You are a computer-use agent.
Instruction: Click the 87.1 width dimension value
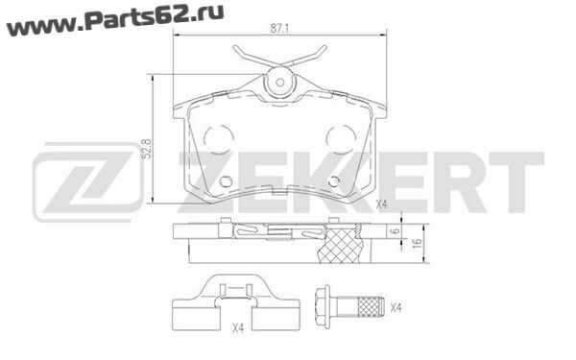click(279, 29)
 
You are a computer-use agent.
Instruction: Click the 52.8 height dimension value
click(147, 149)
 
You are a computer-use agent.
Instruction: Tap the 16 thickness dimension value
click(417, 243)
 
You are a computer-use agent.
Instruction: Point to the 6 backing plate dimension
click(396, 231)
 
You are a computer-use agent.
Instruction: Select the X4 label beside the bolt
click(396, 308)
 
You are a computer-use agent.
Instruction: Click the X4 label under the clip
click(238, 327)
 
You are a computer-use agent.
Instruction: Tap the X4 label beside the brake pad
click(382, 204)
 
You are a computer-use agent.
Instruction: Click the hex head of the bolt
click(324, 307)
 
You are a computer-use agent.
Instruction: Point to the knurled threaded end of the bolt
click(371, 307)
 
